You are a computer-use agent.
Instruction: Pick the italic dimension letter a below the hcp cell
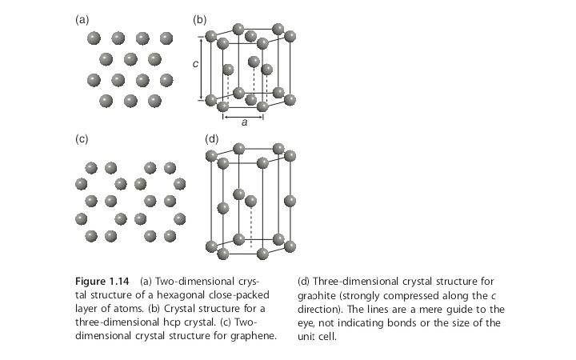[244, 122]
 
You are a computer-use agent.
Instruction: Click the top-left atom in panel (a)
[94, 38]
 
